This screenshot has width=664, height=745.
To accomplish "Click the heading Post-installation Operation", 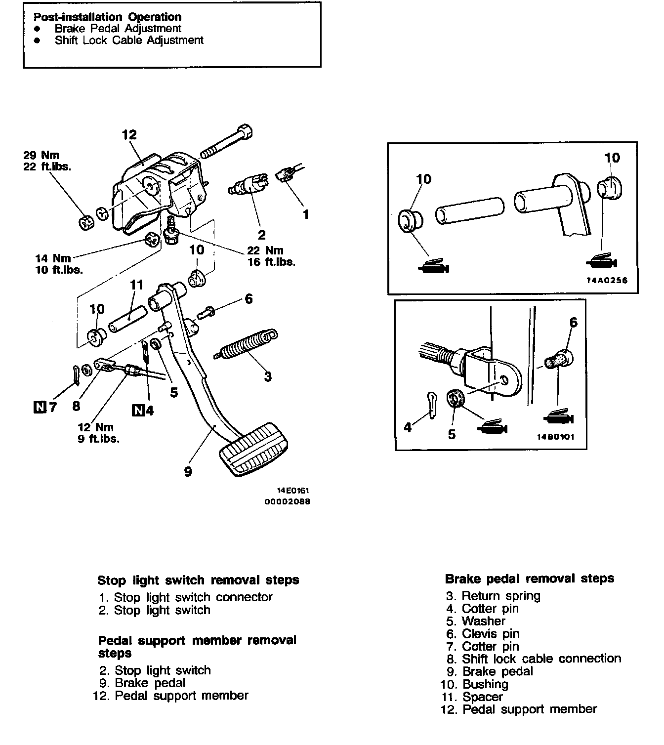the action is pyautogui.click(x=107, y=17).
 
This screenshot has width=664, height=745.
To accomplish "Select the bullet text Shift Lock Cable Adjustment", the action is pyautogui.click(x=129, y=40).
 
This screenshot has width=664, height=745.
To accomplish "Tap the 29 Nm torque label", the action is pyautogui.click(x=41, y=155).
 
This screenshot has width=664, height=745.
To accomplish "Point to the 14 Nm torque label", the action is pyautogui.click(x=53, y=258).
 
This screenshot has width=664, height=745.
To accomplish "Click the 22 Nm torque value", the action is pyautogui.click(x=265, y=250).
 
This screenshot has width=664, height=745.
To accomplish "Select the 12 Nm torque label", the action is pyautogui.click(x=95, y=427).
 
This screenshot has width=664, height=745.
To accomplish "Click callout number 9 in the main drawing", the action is pyautogui.click(x=188, y=471).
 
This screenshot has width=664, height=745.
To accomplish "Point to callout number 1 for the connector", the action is pyautogui.click(x=305, y=214).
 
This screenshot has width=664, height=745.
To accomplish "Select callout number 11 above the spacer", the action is pyautogui.click(x=136, y=285).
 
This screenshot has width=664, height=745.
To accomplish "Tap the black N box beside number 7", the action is pyautogui.click(x=40, y=407).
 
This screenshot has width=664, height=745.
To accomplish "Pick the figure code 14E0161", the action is pyautogui.click(x=293, y=491).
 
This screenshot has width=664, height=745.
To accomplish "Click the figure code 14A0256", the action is pyautogui.click(x=607, y=280).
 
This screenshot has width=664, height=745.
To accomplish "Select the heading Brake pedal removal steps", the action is pyautogui.click(x=530, y=579).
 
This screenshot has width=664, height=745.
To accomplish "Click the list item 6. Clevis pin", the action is pyautogui.click(x=483, y=633).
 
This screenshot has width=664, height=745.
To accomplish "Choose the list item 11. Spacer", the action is pyautogui.click(x=472, y=697).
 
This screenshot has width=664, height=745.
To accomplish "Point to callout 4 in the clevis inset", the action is pyautogui.click(x=408, y=427).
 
